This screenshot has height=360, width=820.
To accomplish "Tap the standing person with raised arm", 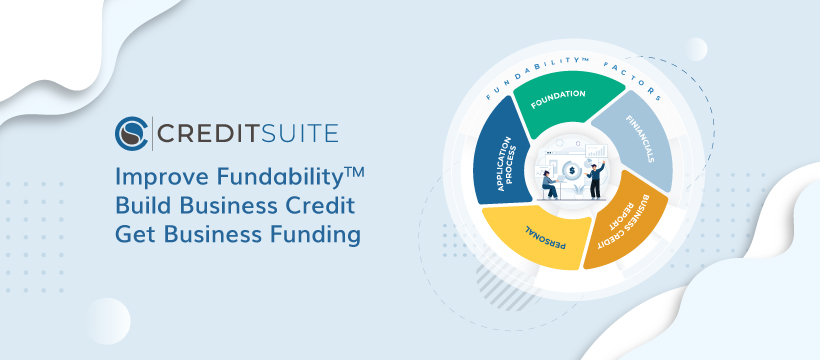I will tap(593, 181).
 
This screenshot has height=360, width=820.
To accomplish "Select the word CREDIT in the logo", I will tap(206, 134).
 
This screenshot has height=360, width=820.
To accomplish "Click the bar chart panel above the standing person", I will tap(591, 156).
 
